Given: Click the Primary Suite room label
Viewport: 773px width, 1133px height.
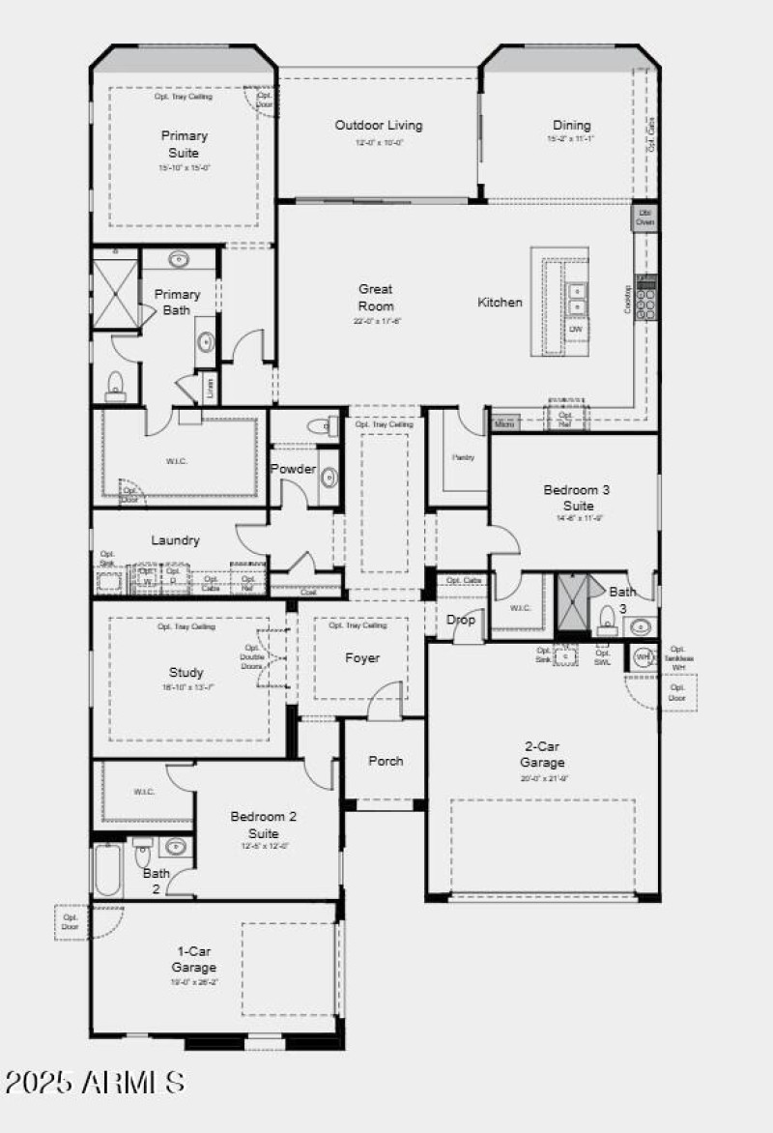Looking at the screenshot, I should pyautogui.click(x=184, y=145).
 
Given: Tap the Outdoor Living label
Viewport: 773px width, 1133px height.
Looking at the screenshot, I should pyautogui.click(x=378, y=126).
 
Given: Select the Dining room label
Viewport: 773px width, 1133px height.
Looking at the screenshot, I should pyautogui.click(x=571, y=126).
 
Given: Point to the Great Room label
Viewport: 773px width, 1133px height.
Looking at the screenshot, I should pyautogui.click(x=376, y=298).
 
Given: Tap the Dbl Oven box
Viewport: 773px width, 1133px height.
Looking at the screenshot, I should pyautogui.click(x=645, y=218).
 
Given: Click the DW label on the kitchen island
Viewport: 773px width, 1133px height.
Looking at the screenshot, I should pyautogui.click(x=576, y=330).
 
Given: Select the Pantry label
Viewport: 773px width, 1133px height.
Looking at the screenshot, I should pyautogui.click(x=463, y=457).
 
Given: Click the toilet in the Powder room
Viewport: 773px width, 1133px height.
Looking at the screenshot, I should pyautogui.click(x=317, y=426).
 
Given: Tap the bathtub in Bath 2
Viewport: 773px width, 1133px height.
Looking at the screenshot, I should pyautogui.click(x=107, y=869).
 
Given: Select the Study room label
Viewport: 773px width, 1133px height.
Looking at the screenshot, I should pyautogui.click(x=186, y=673).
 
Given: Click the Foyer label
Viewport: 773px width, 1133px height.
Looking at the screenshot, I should pyautogui.click(x=362, y=658).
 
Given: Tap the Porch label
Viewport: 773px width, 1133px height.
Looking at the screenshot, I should pyautogui.click(x=386, y=761).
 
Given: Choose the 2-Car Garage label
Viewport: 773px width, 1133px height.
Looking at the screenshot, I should pyautogui.click(x=545, y=754).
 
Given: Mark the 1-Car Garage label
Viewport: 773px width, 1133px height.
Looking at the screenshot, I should pyautogui.click(x=194, y=959).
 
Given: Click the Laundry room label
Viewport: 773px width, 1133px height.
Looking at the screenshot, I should pyautogui.click(x=175, y=540).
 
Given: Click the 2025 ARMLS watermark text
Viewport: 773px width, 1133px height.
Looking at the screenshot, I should pyautogui.click(x=94, y=1082).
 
